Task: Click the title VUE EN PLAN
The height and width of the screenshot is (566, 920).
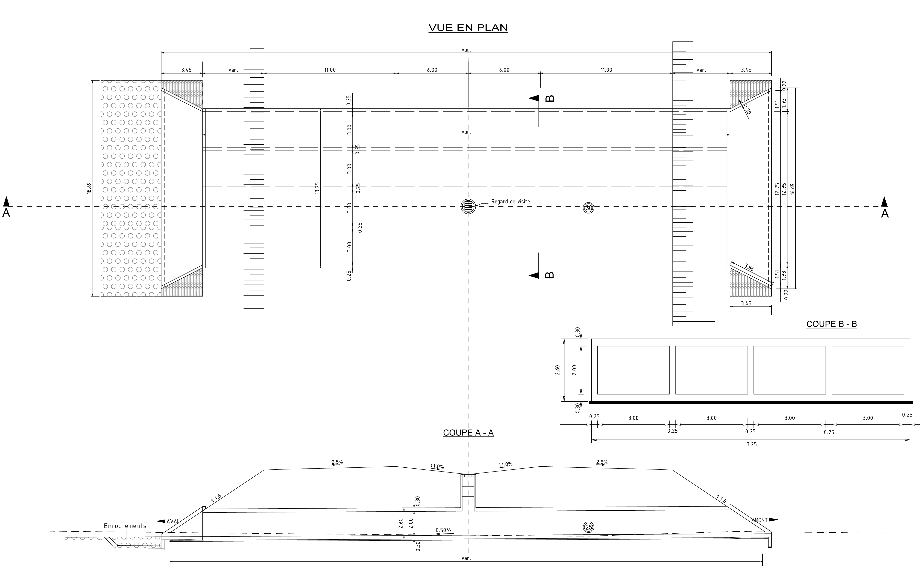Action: (x=468, y=28)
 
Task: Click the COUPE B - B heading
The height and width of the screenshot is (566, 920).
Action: (x=831, y=324)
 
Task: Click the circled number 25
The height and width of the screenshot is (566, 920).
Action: (x=589, y=528)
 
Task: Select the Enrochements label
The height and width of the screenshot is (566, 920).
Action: (x=125, y=526)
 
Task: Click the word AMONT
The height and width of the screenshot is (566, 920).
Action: (x=760, y=520)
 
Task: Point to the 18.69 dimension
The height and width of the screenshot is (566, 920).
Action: (x=89, y=188)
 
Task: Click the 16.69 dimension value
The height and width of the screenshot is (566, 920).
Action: (x=792, y=189)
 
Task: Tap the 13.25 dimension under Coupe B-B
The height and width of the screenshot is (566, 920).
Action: (x=751, y=444)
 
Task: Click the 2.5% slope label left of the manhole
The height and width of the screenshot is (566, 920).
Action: (x=337, y=462)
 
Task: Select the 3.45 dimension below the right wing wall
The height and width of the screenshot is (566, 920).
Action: (x=746, y=304)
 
